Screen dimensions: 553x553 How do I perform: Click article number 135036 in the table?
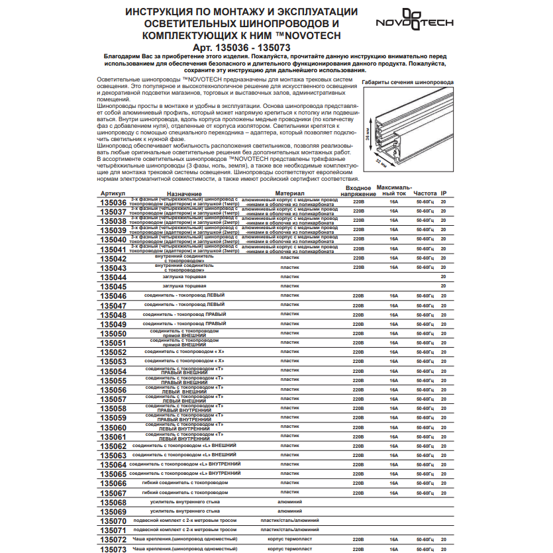(112, 203)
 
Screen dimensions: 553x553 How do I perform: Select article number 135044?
(112, 277)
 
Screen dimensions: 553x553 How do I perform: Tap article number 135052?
(112, 353)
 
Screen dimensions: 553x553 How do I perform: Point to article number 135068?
(112, 503)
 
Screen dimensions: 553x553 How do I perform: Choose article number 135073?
(112, 550)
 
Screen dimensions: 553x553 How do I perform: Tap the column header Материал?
(289, 193)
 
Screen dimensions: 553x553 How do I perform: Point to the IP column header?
(444, 193)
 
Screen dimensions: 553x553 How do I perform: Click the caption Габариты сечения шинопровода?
(407, 83)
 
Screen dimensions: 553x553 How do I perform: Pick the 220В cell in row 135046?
(359, 295)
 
